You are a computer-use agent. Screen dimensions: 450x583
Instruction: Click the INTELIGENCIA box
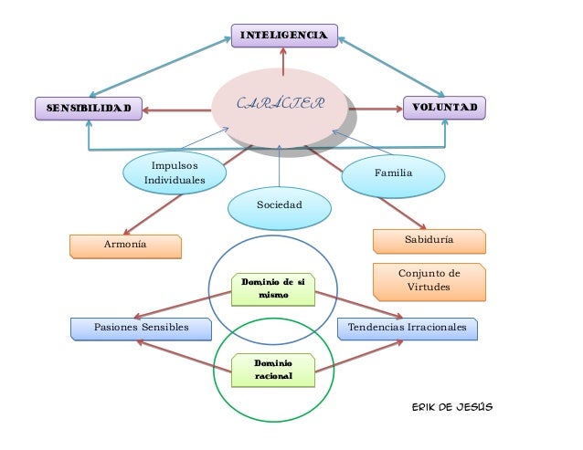[282, 36]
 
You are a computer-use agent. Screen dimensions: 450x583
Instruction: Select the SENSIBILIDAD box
[89, 109]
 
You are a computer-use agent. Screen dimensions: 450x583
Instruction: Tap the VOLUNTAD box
[444, 109]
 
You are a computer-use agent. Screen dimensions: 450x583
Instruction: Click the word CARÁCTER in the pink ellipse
[280, 103]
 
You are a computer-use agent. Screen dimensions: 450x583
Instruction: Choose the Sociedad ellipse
[279, 205]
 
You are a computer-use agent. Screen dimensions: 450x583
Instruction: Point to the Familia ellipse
[394, 173]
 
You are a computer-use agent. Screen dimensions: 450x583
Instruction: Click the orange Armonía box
[125, 246]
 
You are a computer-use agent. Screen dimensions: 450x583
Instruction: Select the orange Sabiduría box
[429, 240]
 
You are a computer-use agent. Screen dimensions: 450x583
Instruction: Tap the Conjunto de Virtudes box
[429, 281]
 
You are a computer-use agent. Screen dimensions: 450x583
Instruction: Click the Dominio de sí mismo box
[273, 288]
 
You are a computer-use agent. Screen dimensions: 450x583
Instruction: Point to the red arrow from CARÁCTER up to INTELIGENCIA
[283, 62]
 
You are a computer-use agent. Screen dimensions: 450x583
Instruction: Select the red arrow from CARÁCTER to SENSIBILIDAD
[178, 110]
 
